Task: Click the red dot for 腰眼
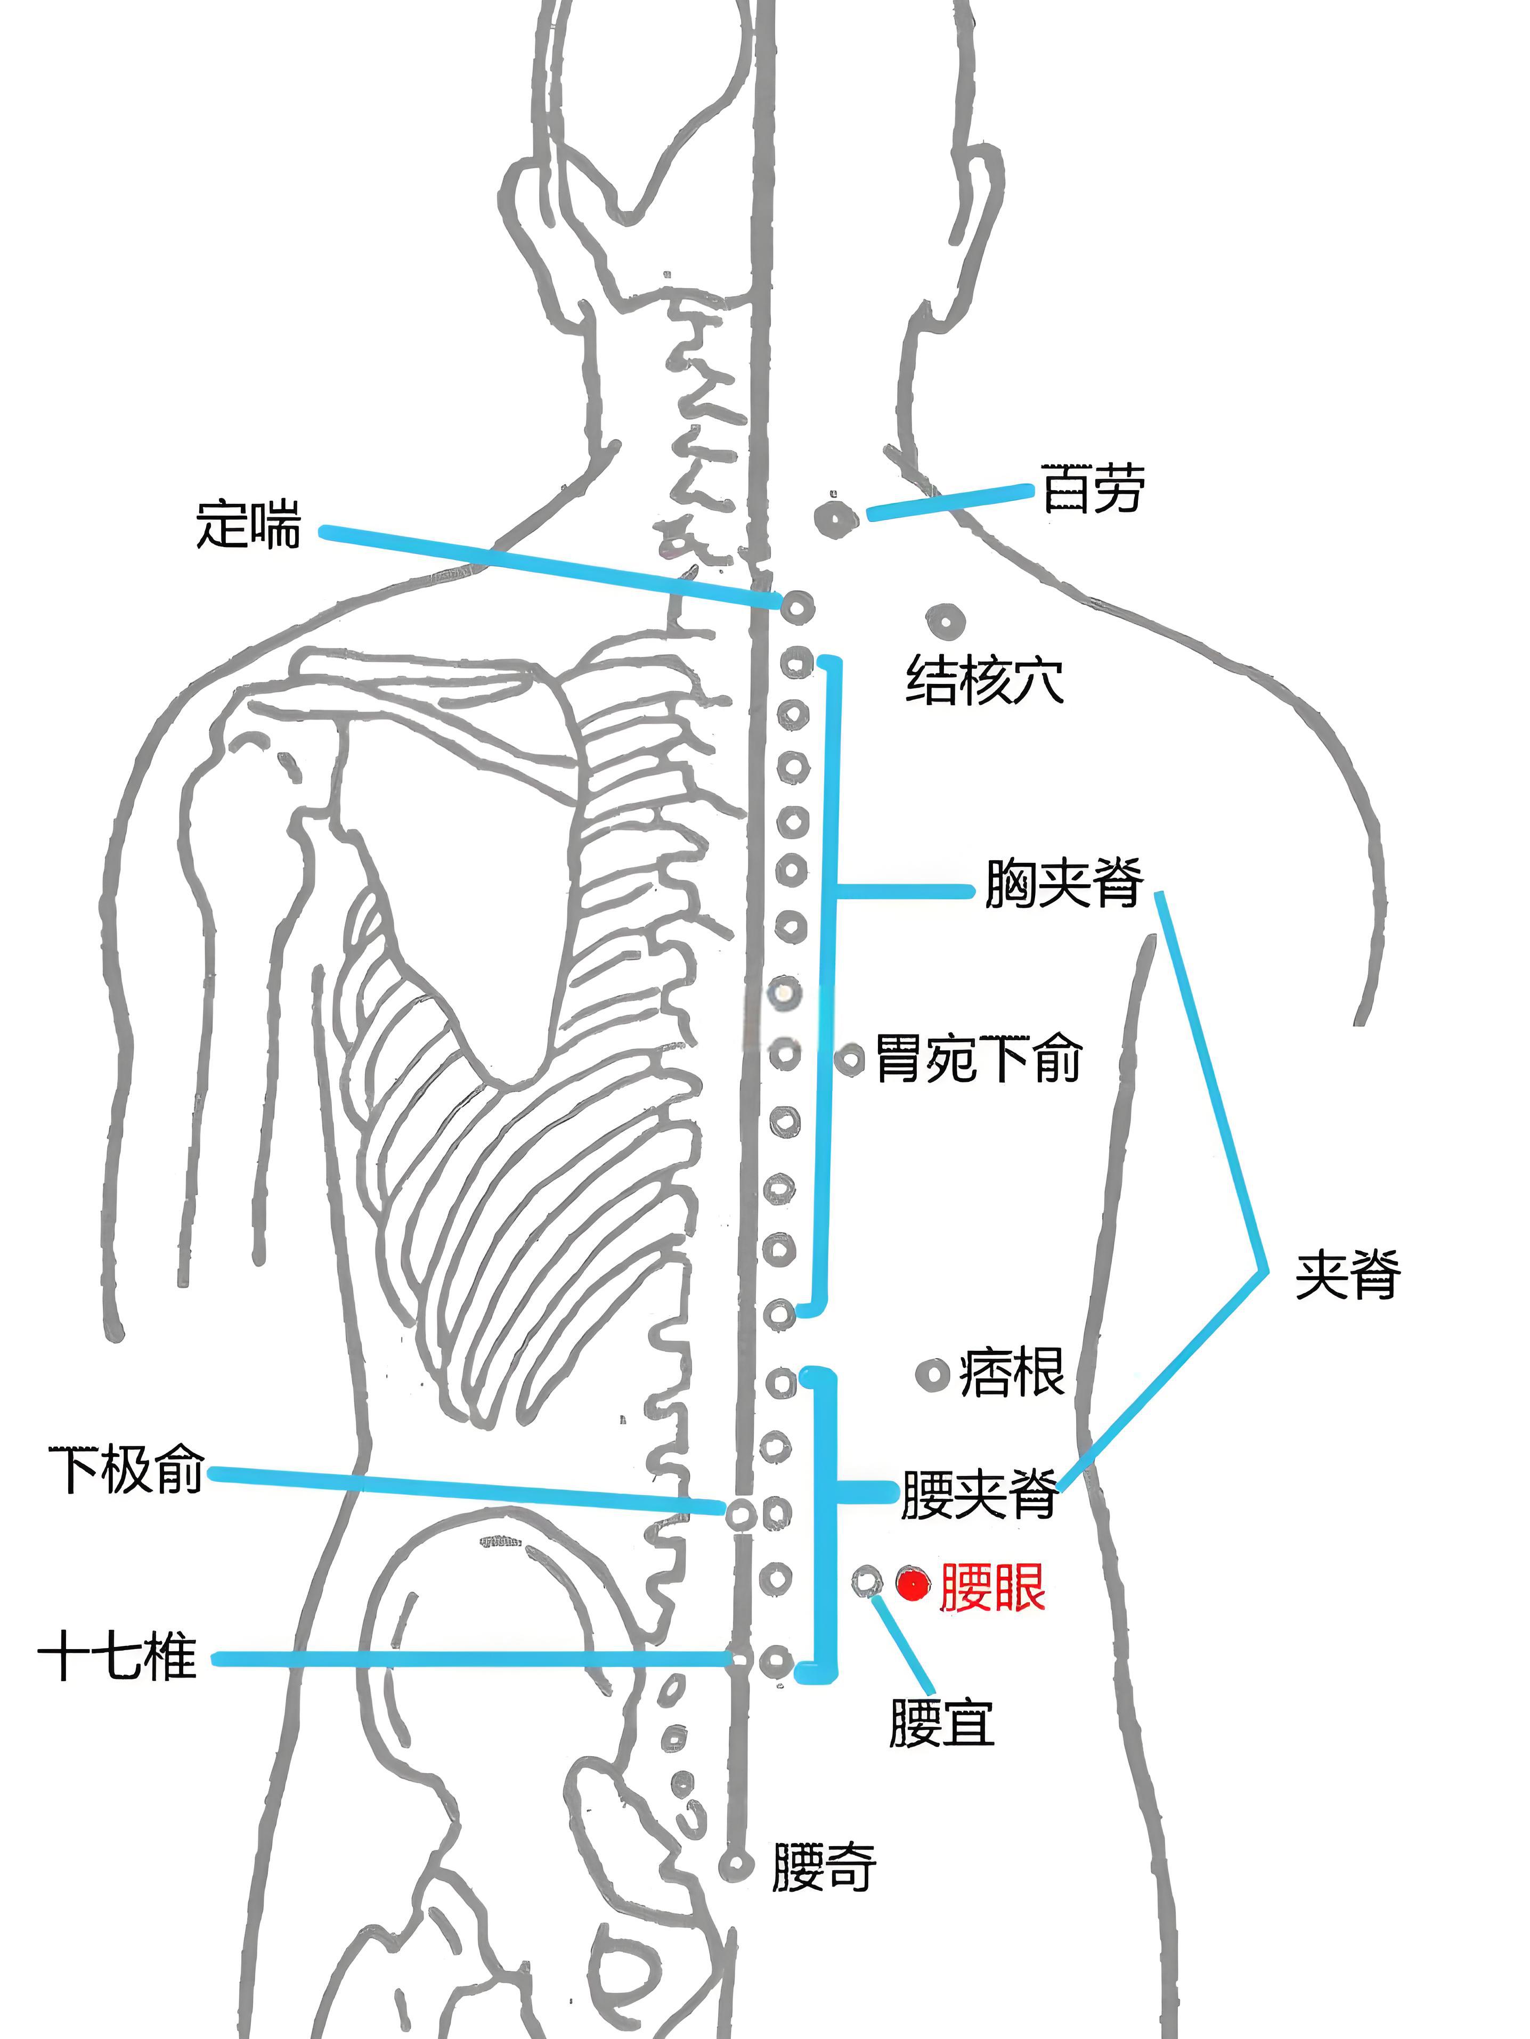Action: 913,1585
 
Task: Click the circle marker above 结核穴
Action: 945,622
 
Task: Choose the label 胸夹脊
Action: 1064,883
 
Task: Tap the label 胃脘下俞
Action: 978,1058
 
